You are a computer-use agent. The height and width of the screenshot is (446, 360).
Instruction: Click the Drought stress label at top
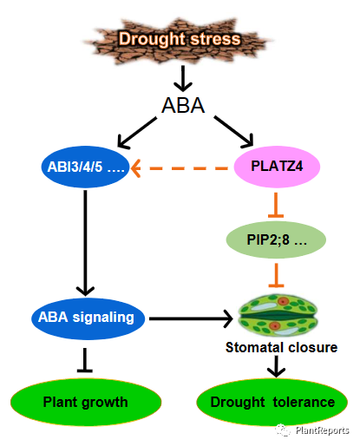pos(180,39)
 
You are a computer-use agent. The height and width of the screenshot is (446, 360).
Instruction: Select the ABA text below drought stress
pos(183,105)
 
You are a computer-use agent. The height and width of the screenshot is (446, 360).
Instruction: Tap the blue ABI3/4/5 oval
pos(85,167)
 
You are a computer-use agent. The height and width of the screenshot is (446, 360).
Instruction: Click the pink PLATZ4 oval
pos(277,167)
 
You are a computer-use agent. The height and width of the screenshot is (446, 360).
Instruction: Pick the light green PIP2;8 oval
pos(276,239)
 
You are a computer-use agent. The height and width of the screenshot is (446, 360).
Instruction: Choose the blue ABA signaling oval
pos(88,318)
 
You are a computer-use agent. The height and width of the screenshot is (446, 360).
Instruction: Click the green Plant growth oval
pos(86,402)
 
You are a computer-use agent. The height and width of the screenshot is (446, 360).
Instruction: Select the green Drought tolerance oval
pos(272,402)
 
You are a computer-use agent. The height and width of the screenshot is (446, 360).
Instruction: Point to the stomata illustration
pos(278,316)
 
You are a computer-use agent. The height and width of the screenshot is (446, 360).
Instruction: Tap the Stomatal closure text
pos(281,347)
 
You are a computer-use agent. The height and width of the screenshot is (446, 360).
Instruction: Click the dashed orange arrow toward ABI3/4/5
pos(180,168)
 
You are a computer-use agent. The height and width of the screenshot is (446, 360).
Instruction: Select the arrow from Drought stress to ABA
pos(183,78)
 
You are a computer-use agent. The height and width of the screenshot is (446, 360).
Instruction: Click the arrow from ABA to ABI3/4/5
pos(137,133)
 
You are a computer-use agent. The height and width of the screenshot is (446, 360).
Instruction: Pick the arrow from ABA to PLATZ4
pos(233,132)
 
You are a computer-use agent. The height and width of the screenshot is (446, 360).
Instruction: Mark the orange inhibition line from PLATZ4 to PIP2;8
pos(276,205)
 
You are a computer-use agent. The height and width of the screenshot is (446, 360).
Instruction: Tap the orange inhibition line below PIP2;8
pos(276,275)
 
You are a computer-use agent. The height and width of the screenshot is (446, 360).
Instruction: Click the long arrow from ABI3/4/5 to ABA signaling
pos(85,243)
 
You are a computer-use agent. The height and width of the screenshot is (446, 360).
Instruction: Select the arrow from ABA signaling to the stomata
pos(191,318)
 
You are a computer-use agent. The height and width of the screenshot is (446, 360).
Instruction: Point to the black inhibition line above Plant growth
pos(85,360)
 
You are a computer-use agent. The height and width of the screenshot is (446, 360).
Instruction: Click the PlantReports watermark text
pos(322,430)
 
